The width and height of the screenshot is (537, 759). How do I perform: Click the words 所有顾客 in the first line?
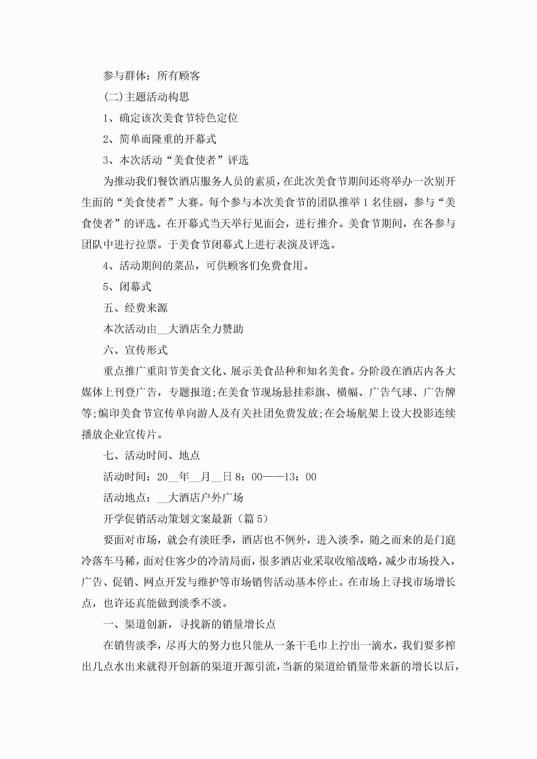tap(178, 76)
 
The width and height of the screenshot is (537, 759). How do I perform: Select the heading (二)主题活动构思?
tap(146, 97)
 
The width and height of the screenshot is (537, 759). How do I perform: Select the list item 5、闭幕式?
tap(127, 287)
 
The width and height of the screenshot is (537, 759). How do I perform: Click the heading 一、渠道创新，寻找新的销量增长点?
tap(189, 624)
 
